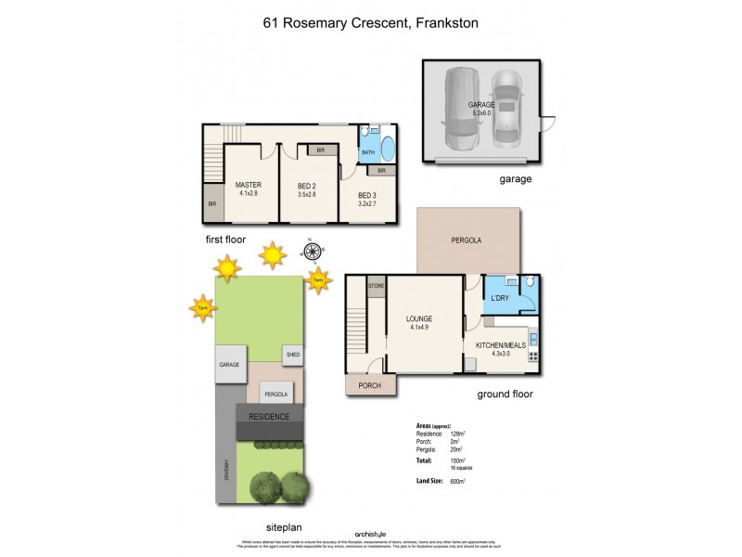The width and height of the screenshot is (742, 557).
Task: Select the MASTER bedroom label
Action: [248, 185]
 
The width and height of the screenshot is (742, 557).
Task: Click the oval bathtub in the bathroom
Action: [386, 150]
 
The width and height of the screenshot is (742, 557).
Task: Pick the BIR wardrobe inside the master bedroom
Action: [212, 203]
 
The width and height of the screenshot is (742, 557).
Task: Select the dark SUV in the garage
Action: [461, 109]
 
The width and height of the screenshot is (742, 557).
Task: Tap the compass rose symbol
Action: [313, 251]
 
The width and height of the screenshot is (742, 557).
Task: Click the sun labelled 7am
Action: [317, 279]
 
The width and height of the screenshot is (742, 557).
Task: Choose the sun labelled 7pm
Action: [201, 306]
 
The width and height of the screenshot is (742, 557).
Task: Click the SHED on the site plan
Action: [293, 355]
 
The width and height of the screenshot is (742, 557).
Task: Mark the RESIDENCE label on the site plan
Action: [268, 417]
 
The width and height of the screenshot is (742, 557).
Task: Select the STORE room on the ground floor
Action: [377, 286]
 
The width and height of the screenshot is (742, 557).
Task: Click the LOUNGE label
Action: [419, 319]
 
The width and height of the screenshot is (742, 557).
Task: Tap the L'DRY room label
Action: [499, 297]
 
